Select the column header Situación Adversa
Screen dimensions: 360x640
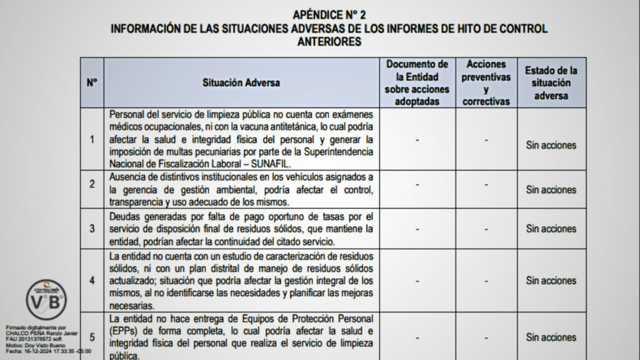pyautogui.click(x=241, y=82)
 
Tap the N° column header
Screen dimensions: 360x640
pyautogui.click(x=92, y=82)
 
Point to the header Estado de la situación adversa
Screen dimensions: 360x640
pyautogui.click(x=551, y=82)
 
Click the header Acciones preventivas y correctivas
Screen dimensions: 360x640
pyautogui.click(x=486, y=82)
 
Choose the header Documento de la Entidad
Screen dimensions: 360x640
pyautogui.click(x=417, y=82)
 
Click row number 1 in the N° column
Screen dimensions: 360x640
pyautogui.click(x=92, y=139)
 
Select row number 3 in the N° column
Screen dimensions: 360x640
pyautogui.click(x=92, y=229)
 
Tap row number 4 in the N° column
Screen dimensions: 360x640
pyautogui.click(x=92, y=280)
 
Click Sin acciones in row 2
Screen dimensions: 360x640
pyautogui.click(x=551, y=189)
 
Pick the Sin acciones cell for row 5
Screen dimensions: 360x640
pyautogui.click(x=551, y=337)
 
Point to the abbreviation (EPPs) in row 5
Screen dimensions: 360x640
pyautogui.click(x=124, y=331)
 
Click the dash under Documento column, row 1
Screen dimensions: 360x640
pyautogui.click(x=417, y=140)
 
